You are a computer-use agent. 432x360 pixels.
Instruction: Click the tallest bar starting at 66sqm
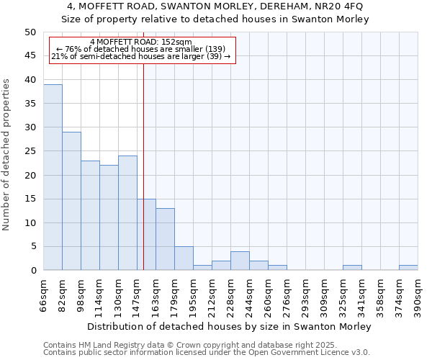coord(53,177)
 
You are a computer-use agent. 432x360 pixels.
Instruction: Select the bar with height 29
coord(71,201)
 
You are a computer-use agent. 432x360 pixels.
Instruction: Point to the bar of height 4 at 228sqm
coord(240,261)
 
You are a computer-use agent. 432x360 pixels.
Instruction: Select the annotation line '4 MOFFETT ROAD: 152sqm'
coord(142,42)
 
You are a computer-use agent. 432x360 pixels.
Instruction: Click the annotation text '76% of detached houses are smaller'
coord(141,49)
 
